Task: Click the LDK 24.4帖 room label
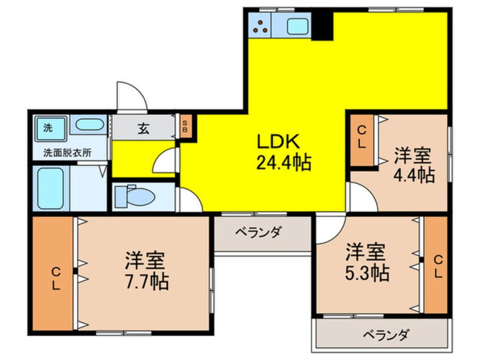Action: (x=283, y=152)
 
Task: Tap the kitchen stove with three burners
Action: (x=260, y=26)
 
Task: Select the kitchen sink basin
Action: (x=298, y=26)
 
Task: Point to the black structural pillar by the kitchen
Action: (x=322, y=26)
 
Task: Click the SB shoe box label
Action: (x=185, y=126)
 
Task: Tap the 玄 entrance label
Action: (x=144, y=128)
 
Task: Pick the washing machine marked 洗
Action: (x=50, y=129)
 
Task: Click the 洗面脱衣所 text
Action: (x=68, y=152)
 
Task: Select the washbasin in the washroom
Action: (x=89, y=125)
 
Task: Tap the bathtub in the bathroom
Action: (x=50, y=189)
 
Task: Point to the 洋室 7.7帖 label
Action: (x=146, y=271)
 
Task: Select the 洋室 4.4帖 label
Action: (x=414, y=165)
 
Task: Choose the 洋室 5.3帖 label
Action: (x=367, y=262)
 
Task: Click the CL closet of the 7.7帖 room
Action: (x=53, y=274)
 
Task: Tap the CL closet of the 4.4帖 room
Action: (x=362, y=140)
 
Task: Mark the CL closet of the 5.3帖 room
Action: (x=436, y=265)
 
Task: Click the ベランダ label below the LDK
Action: (x=258, y=233)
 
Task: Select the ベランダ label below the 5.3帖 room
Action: (x=386, y=335)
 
